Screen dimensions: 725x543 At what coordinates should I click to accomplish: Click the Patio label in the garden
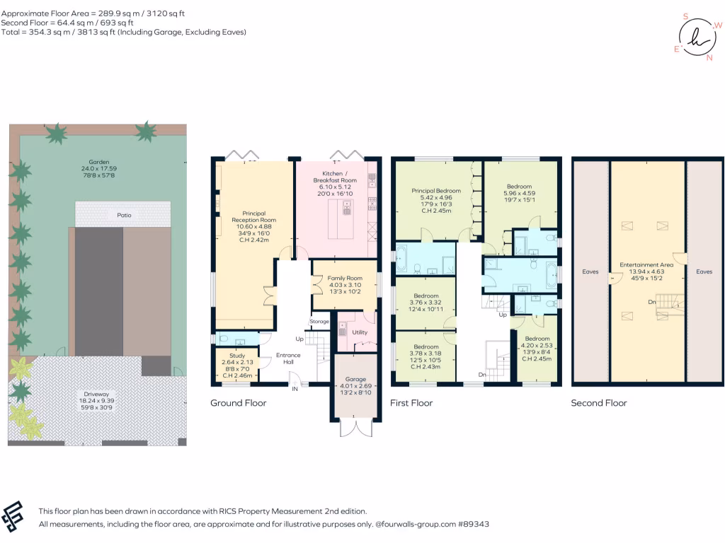(124, 215)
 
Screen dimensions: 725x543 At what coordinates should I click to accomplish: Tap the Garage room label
(355, 379)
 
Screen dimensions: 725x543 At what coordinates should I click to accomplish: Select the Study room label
(237, 356)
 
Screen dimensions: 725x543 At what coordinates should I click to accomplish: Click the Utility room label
(360, 332)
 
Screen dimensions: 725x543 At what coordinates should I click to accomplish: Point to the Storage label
(319, 322)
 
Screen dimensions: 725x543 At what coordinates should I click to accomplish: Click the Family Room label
(345, 278)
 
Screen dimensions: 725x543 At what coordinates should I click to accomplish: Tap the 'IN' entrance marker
(295, 389)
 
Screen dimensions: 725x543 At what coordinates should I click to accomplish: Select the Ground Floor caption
(238, 403)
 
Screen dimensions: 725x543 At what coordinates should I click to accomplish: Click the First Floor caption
(411, 403)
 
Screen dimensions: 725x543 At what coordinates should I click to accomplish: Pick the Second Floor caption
(599, 403)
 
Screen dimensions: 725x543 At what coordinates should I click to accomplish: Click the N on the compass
(709, 58)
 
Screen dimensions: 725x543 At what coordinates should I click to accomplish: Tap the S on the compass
(685, 17)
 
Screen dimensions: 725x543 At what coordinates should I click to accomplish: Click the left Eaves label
(590, 271)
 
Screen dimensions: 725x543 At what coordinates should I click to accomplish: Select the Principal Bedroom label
(436, 191)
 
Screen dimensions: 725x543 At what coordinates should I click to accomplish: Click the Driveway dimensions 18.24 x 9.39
(96, 401)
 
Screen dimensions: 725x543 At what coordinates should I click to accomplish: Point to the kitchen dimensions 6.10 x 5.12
(335, 187)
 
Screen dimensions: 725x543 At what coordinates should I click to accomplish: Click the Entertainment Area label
(646, 265)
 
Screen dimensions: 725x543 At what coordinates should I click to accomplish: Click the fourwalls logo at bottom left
(12, 516)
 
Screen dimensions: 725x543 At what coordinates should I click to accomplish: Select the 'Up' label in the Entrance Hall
(299, 339)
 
